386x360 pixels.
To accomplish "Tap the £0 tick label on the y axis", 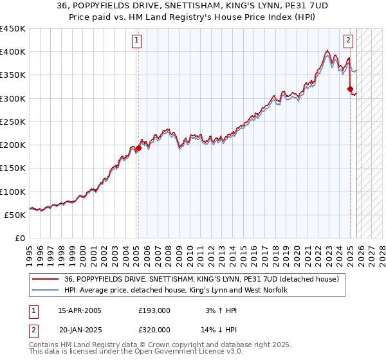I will tap(19, 238).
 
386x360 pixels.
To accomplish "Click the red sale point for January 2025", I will tap(350, 89).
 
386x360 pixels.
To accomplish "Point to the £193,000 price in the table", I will tap(154, 310).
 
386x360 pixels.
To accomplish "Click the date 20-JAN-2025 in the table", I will tap(80, 329).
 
